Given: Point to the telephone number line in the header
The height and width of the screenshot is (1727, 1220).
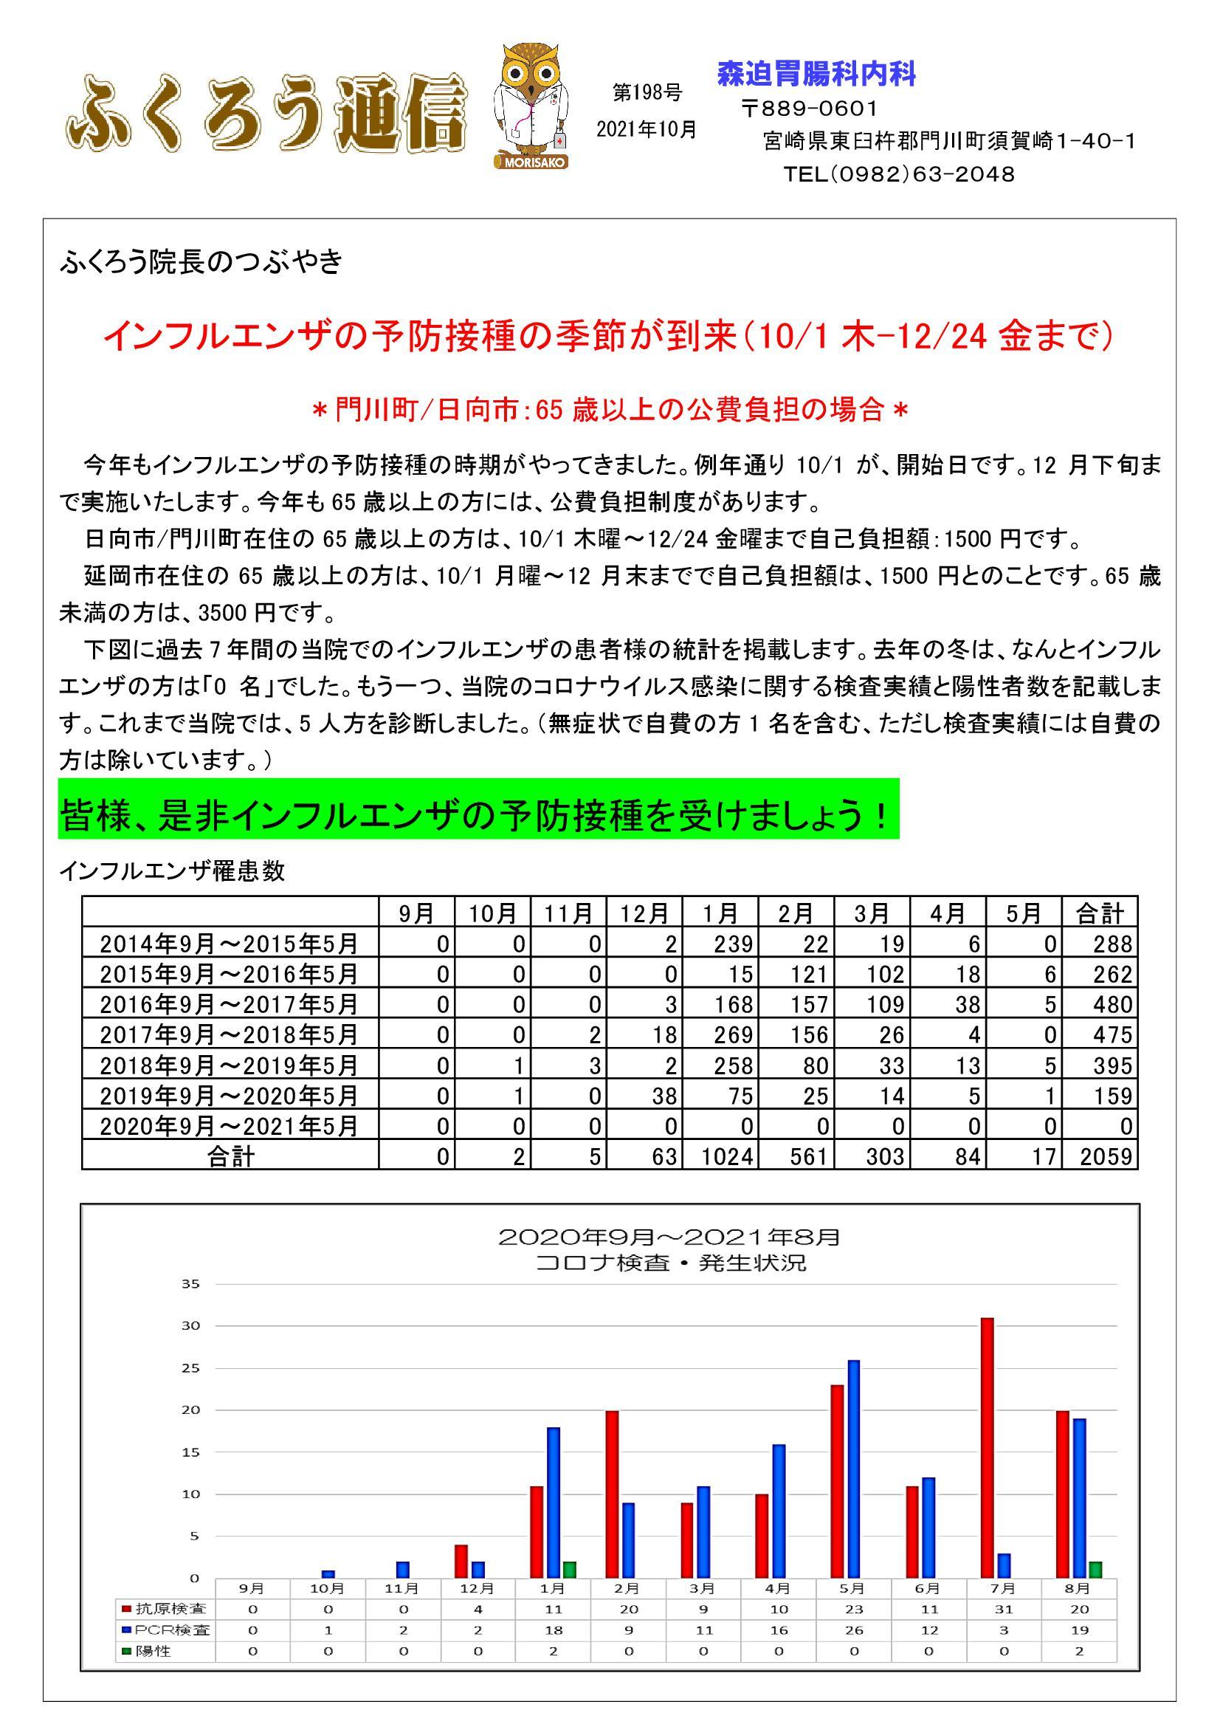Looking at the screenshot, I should tap(898, 174).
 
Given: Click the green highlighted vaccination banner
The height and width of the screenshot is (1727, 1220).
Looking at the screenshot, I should tap(478, 816).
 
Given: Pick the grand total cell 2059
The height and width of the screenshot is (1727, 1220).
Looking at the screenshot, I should tap(1100, 1156).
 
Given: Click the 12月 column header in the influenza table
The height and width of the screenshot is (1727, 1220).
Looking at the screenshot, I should tap(644, 913).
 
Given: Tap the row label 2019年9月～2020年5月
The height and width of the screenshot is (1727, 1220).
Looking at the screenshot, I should tap(230, 1095).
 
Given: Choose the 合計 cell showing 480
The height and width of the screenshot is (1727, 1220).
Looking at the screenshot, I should tap(1100, 1004).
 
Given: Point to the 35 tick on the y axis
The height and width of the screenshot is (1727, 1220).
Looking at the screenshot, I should tap(190, 1284).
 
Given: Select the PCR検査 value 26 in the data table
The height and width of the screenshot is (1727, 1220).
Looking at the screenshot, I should tap(853, 1630).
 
